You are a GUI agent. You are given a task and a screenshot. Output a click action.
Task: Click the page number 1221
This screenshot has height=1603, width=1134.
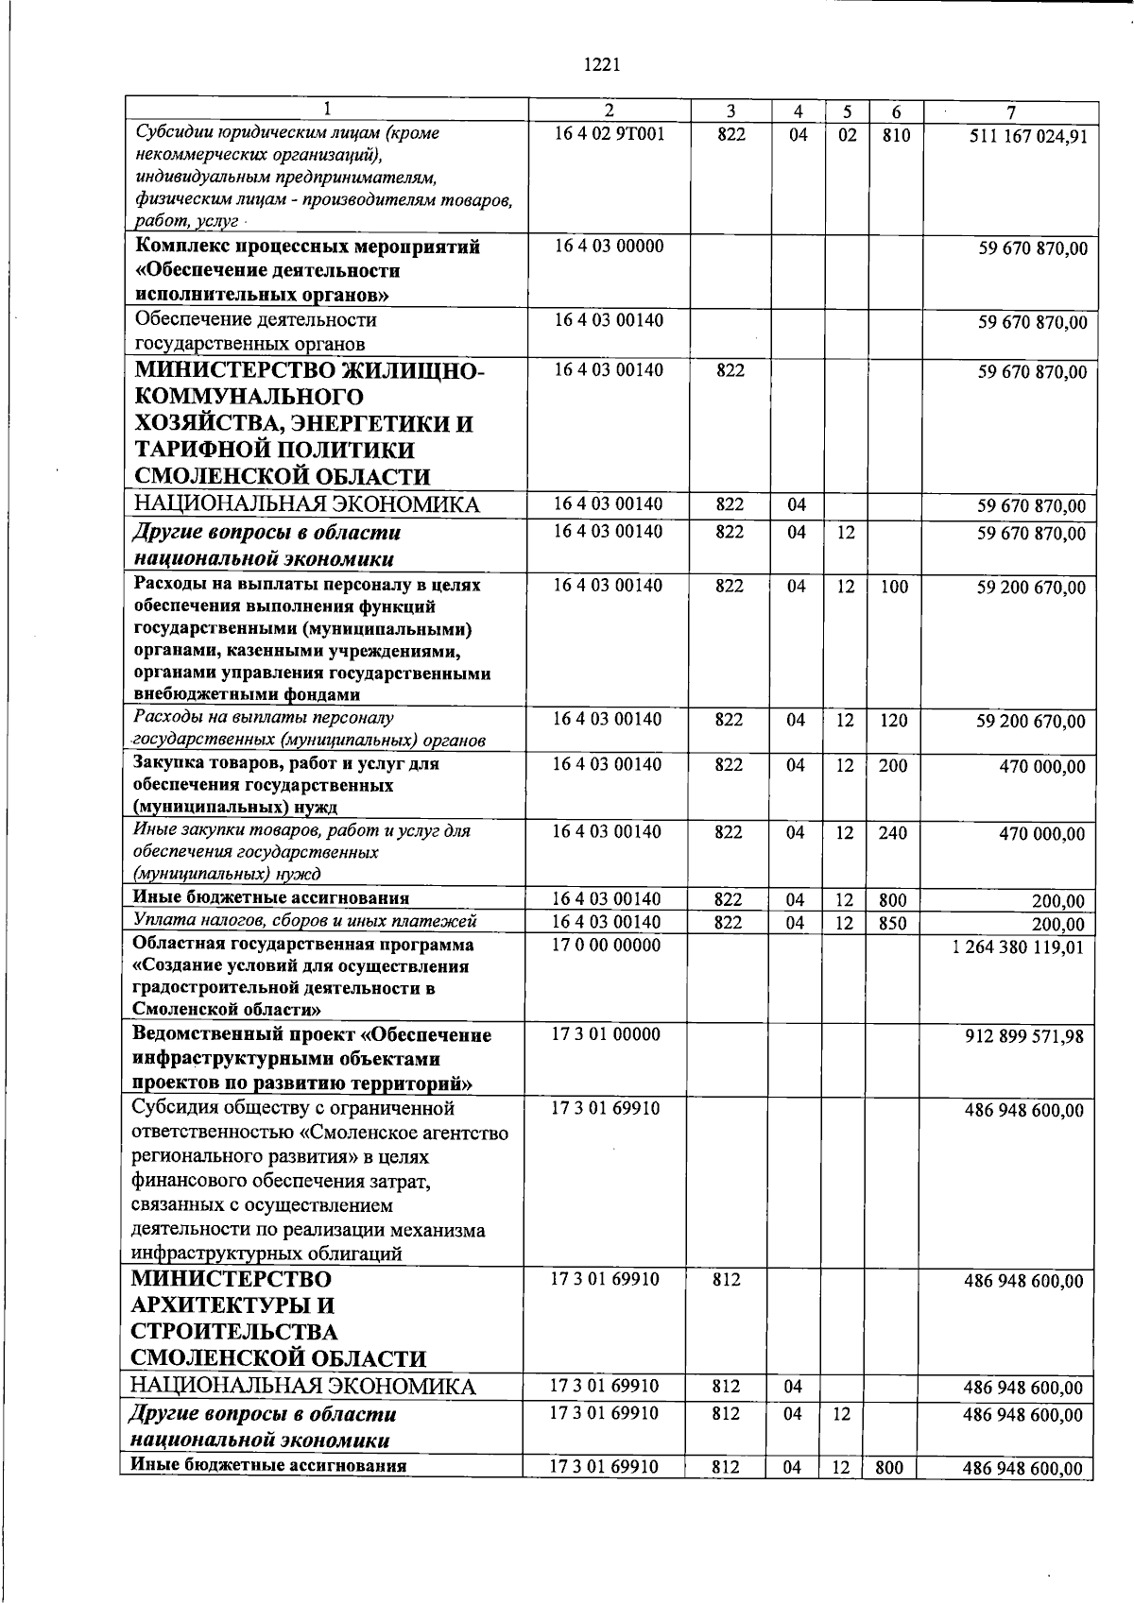point(602,65)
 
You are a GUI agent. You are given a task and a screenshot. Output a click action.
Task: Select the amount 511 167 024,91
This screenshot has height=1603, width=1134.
point(1028,136)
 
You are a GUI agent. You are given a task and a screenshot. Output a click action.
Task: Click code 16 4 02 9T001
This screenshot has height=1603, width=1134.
point(609,134)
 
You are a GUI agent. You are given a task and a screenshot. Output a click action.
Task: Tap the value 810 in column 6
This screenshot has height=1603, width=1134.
point(895,135)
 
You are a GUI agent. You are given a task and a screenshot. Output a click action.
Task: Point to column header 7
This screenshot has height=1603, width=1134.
point(1010,111)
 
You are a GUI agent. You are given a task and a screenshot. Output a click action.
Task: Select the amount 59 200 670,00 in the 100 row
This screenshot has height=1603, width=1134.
point(1031,588)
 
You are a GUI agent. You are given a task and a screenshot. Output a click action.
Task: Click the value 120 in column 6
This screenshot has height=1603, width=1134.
point(892,721)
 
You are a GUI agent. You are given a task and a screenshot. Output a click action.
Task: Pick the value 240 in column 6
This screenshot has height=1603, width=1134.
point(892,833)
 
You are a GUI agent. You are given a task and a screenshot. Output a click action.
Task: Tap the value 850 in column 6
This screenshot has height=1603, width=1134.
point(892,923)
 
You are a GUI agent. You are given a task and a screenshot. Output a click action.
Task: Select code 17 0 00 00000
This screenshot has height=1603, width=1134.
point(606,945)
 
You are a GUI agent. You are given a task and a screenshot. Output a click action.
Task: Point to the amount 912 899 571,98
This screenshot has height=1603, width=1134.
point(1023,1036)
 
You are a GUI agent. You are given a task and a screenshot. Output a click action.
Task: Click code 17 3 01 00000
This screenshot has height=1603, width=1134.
point(606,1034)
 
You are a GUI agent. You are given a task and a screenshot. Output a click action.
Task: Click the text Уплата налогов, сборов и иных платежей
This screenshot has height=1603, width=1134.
point(304,921)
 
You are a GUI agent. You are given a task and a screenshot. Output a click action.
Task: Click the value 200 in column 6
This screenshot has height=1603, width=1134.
point(892,766)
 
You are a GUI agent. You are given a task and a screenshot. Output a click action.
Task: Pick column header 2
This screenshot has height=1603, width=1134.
point(610,111)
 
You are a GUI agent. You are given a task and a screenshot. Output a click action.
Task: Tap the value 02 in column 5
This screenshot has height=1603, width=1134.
point(847,135)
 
